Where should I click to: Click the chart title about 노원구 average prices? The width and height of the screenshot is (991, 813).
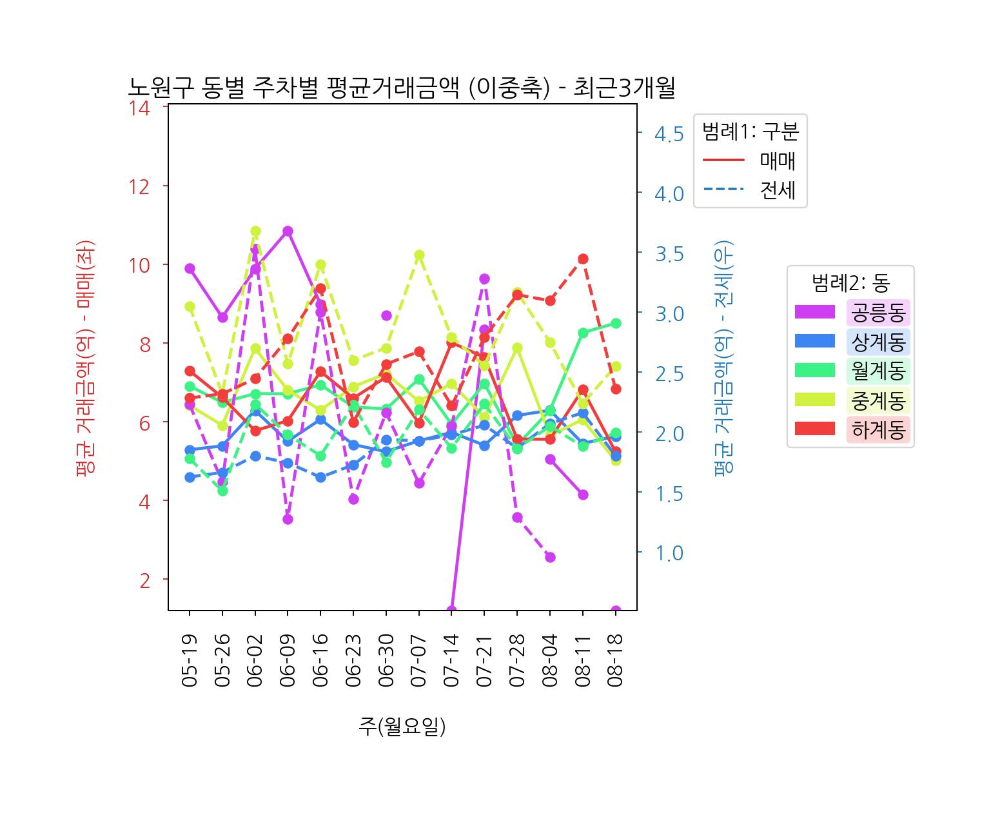pos(401,88)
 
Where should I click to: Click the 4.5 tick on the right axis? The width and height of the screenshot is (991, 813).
pos(669,133)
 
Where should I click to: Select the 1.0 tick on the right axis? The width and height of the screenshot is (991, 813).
pos(669,553)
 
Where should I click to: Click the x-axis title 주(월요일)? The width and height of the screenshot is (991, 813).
pos(402,727)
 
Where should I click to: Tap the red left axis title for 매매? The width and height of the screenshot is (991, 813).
pos(85,358)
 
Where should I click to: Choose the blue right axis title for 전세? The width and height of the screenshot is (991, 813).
pos(723,358)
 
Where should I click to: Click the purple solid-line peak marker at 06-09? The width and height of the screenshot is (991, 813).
pos(288,231)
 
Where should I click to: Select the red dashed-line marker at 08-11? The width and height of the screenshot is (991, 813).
pos(583,259)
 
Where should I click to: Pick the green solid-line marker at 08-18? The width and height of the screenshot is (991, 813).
pos(616,324)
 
